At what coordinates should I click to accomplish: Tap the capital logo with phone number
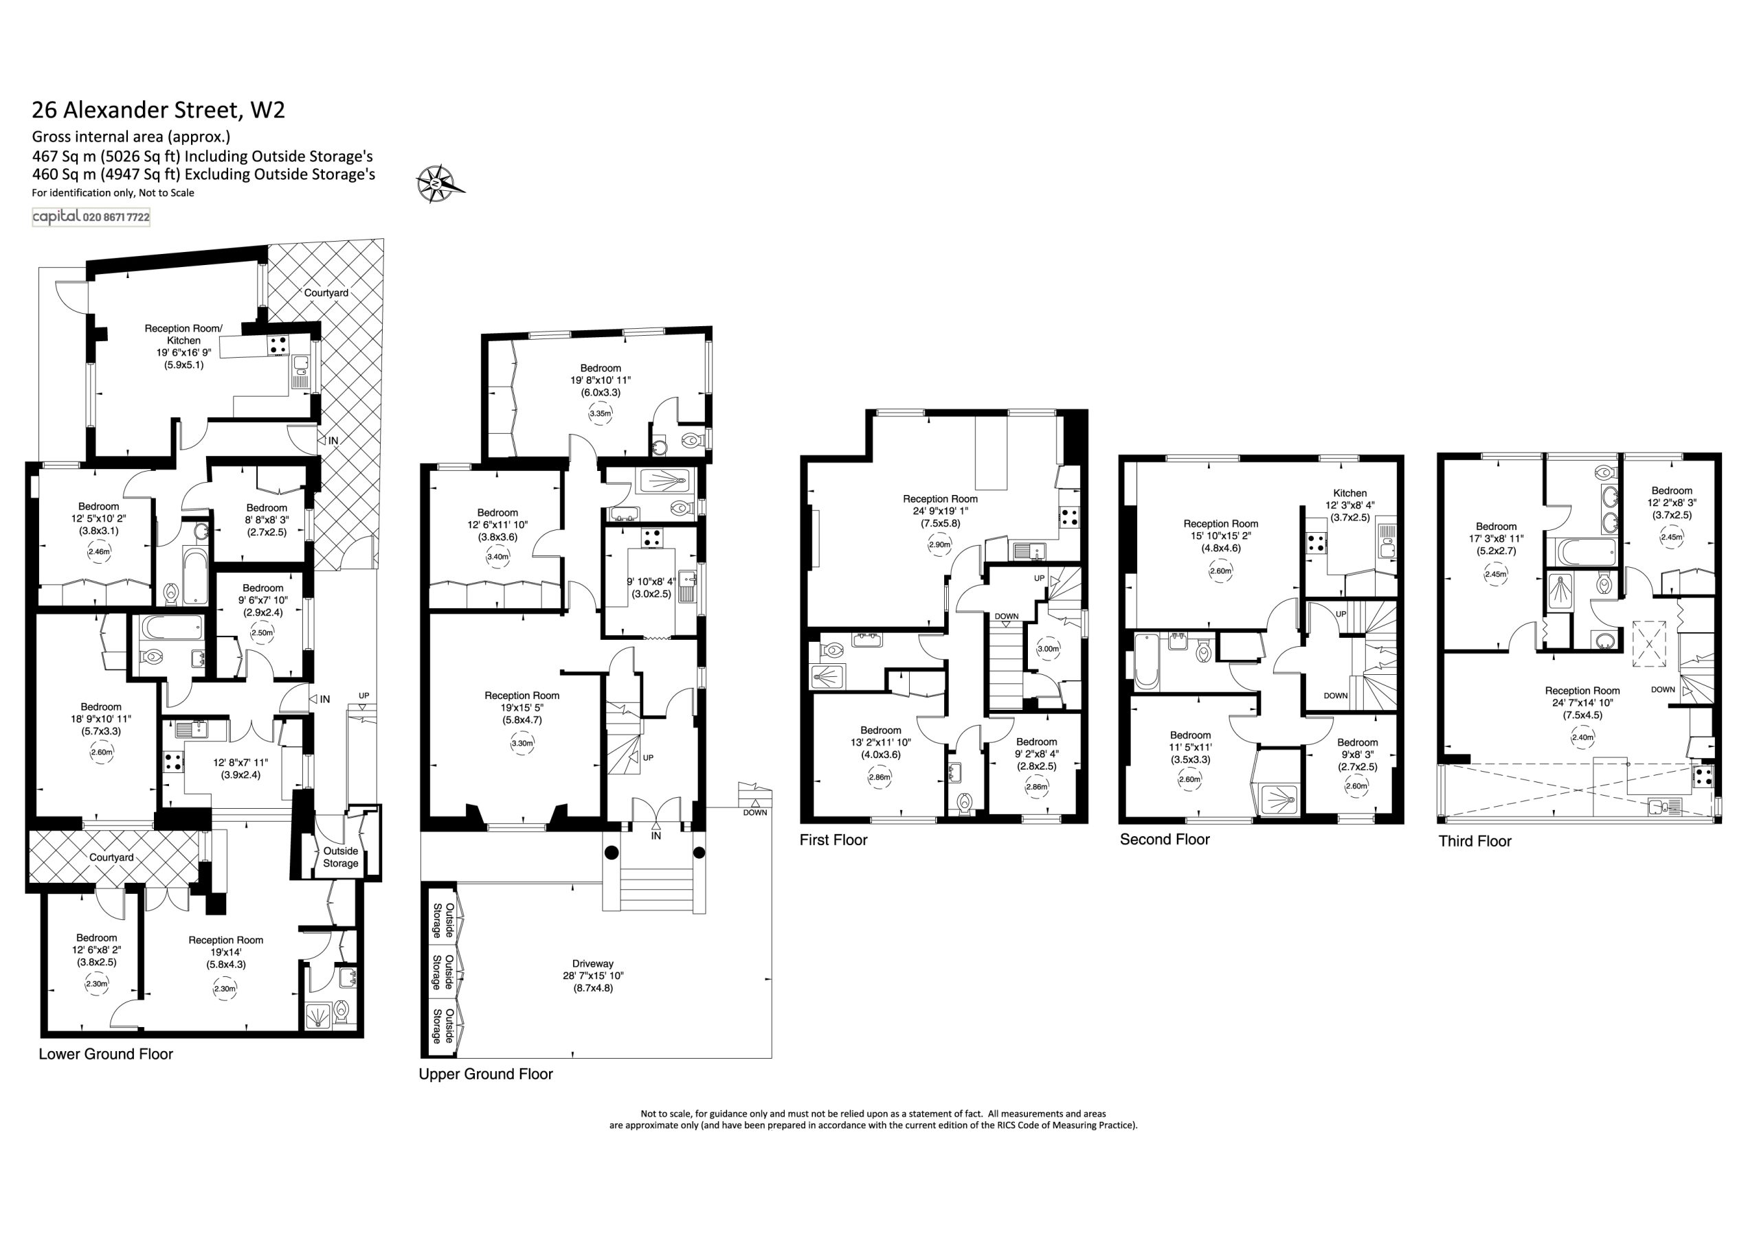91,218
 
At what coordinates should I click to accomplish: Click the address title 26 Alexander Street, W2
159,111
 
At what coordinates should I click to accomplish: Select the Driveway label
593,963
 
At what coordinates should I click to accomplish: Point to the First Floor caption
833,840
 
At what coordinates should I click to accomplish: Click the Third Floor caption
1475,842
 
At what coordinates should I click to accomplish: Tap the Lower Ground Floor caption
106,1055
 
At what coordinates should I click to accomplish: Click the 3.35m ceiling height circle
601,413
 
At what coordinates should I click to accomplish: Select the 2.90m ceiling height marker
940,545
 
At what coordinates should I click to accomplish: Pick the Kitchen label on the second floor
1350,493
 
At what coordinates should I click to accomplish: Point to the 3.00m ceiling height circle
1048,649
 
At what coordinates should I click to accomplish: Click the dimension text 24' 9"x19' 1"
940,511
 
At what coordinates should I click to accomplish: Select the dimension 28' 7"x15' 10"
593,976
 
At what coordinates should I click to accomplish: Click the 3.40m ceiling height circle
498,557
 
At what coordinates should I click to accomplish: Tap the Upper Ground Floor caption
486,1074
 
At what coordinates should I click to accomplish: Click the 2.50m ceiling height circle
262,632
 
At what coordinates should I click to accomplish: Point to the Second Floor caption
1165,839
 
